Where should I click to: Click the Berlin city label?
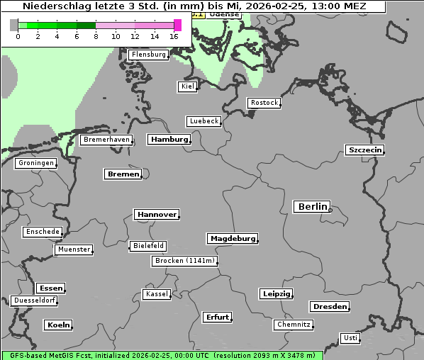pyautogui.click(x=312, y=207)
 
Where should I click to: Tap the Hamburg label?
pyautogui.click(x=169, y=140)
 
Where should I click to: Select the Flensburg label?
pyautogui.click(x=148, y=55)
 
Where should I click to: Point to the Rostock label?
pyautogui.click(x=264, y=103)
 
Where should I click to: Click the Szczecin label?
pyautogui.click(x=364, y=150)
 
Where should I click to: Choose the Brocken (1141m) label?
pyautogui.click(x=184, y=261)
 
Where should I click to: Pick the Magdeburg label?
pyautogui.click(x=233, y=239)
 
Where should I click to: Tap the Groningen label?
pyautogui.click(x=35, y=163)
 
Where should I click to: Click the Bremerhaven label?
pyautogui.click(x=106, y=140)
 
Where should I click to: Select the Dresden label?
pyautogui.click(x=329, y=307)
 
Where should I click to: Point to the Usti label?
pyautogui.click(x=350, y=338)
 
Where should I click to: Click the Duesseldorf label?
pyautogui.click(x=35, y=300)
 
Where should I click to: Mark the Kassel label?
pyautogui.click(x=157, y=294)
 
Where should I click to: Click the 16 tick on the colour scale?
pyautogui.click(x=174, y=36)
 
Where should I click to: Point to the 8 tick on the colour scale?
pyautogui.click(x=96, y=36)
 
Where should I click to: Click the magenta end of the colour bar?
pyautogui.click(x=177, y=26)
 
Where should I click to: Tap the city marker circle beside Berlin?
pyautogui.click(x=330, y=209)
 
